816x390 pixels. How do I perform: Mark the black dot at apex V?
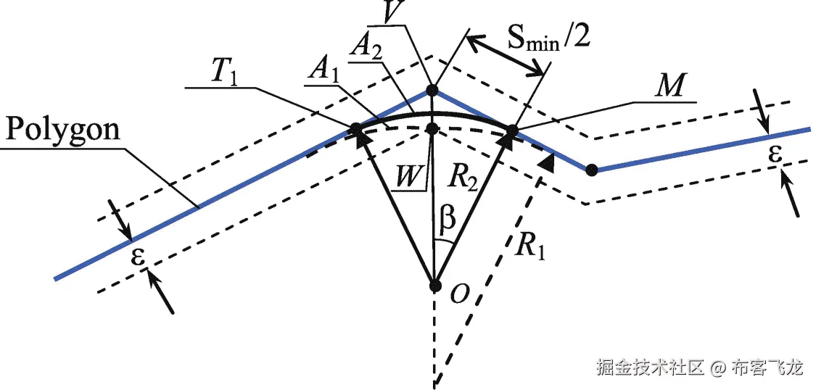click(x=432, y=91)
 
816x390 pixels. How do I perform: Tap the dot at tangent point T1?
click(x=355, y=129)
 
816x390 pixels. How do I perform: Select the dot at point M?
click(x=512, y=131)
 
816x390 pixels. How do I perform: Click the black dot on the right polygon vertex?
click(x=592, y=170)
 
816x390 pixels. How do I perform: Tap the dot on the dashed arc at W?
click(x=432, y=128)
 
